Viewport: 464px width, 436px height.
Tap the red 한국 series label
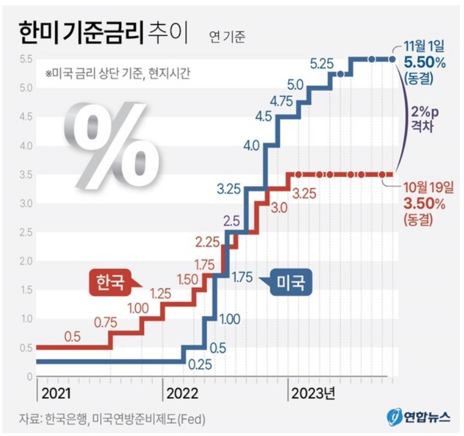click(112, 280)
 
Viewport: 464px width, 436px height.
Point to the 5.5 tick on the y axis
click(25, 59)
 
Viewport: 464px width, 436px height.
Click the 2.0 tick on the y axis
click(25, 261)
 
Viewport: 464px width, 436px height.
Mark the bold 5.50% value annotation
click(425, 62)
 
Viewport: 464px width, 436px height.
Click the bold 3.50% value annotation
click(425, 203)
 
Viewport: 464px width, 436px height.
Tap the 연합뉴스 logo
click(418, 417)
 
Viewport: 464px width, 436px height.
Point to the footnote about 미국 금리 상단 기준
click(117, 74)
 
